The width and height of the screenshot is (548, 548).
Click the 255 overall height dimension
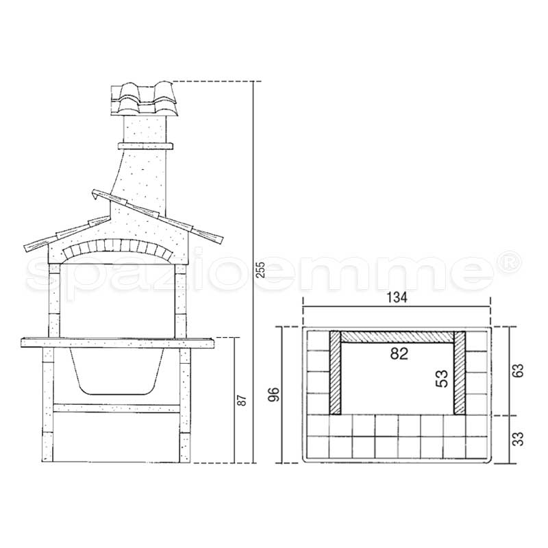(x=261, y=269)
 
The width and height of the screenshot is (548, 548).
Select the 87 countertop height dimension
(x=242, y=400)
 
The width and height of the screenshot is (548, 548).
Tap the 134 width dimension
(x=397, y=297)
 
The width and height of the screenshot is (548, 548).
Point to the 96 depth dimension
(x=275, y=395)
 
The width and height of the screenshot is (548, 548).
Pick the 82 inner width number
(x=399, y=353)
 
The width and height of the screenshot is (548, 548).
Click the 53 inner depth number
(x=442, y=379)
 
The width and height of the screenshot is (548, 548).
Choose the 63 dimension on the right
(x=519, y=371)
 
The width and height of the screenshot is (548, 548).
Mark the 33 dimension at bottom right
(x=519, y=439)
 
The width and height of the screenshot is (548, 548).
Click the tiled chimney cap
(x=145, y=99)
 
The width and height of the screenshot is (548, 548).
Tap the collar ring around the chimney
(x=145, y=146)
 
